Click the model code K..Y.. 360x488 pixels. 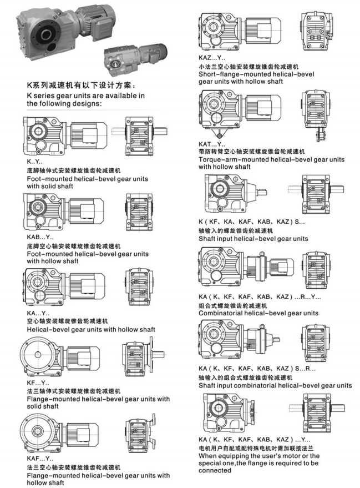(34, 160)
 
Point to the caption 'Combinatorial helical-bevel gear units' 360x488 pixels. (258, 313)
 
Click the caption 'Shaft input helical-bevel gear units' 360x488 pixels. (253, 239)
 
